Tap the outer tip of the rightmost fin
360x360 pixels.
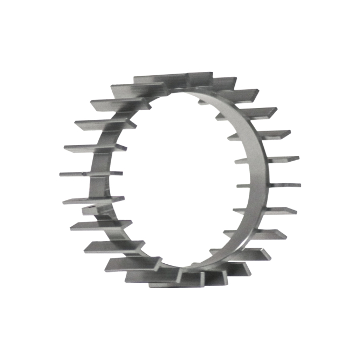(x=299, y=185)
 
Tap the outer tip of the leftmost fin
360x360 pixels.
(x=60, y=174)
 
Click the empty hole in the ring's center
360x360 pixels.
(x=172, y=177)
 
